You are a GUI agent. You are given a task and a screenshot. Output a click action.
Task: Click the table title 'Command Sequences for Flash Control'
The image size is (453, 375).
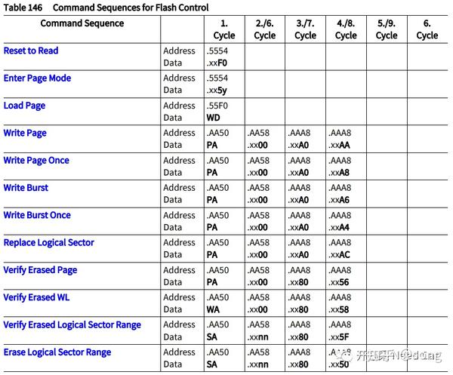click(131, 7)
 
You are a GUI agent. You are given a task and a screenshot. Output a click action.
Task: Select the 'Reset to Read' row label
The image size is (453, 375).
click(31, 51)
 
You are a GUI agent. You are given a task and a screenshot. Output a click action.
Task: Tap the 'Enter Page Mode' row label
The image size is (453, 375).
click(37, 78)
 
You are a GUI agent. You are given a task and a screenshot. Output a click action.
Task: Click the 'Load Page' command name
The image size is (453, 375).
click(24, 106)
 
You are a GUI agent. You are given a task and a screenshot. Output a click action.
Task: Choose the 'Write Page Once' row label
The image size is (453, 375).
click(36, 161)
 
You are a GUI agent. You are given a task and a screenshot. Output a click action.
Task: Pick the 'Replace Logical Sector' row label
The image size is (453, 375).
click(49, 243)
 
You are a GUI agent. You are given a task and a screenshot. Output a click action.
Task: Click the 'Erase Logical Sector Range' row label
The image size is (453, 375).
click(57, 352)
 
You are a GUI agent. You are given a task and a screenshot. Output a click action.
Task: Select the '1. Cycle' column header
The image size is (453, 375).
click(224, 29)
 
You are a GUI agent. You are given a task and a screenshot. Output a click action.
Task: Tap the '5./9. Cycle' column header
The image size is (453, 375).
click(387, 29)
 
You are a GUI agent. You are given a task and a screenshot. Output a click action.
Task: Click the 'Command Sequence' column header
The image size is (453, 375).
click(82, 23)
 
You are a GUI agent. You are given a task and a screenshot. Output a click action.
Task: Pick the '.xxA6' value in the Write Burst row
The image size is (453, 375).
click(340, 200)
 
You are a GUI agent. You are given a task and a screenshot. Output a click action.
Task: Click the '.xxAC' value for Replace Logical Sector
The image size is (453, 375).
click(340, 255)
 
